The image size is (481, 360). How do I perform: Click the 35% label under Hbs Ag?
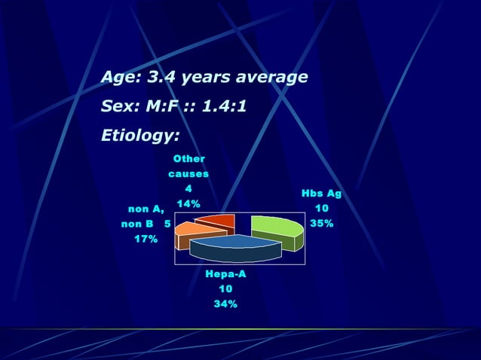coord(322,224)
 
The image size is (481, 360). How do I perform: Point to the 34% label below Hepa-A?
coord(225,304)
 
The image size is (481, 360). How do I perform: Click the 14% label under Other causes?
coord(188,204)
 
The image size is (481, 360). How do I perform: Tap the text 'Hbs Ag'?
coord(321,194)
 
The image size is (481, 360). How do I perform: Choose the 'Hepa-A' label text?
coord(225,274)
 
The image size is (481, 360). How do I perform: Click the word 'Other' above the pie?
coord(188,159)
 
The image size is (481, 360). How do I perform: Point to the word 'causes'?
coord(188,174)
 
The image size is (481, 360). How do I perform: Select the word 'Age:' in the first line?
coord(121,78)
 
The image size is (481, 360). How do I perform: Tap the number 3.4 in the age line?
coord(160,78)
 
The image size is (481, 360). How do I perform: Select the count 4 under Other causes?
coord(188,189)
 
